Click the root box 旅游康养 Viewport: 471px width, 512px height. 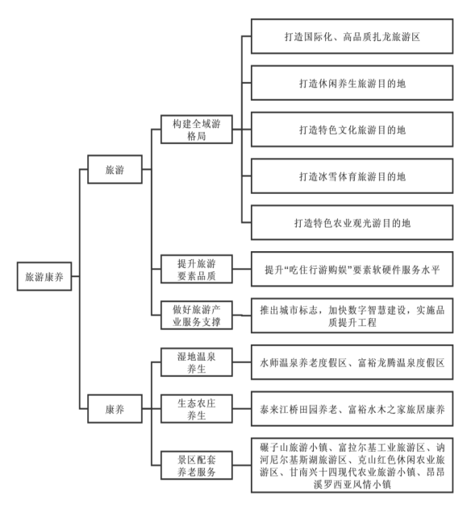[x=44, y=276]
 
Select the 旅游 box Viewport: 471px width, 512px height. [x=115, y=169]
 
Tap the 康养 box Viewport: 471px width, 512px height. [x=115, y=408]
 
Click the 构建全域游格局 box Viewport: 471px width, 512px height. [x=197, y=130]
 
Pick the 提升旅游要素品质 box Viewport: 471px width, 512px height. [x=197, y=269]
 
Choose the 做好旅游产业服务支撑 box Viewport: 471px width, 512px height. [x=197, y=316]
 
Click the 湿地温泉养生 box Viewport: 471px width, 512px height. [x=197, y=362]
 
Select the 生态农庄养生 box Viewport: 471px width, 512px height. [x=197, y=408]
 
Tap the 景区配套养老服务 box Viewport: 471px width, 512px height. [x=197, y=465]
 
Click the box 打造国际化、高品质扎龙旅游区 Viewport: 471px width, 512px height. [x=352, y=36]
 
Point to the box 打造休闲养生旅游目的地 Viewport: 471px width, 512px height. [x=352, y=83]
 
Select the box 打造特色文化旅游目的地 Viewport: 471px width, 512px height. [x=352, y=130]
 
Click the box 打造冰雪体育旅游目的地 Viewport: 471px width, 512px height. [x=352, y=176]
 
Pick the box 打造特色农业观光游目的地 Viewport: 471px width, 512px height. [x=352, y=223]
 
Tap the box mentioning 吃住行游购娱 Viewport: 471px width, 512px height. [x=352, y=269]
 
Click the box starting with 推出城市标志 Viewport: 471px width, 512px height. [x=352, y=316]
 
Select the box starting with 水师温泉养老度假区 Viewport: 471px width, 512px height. [x=352, y=362]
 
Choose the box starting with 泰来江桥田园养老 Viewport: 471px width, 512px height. [x=352, y=408]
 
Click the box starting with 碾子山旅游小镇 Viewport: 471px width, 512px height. [x=352, y=465]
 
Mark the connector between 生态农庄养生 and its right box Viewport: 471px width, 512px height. [x=242, y=408]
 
